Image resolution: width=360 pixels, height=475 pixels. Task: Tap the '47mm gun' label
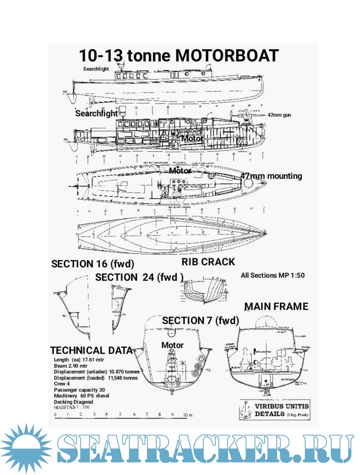[x=279, y=115]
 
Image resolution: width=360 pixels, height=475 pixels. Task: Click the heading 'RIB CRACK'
[x=208, y=262]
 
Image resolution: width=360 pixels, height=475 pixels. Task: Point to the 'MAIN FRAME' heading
[x=276, y=306]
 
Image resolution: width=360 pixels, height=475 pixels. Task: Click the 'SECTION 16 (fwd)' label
[x=93, y=264]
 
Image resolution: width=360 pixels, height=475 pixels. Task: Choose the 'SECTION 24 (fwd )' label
[x=139, y=277]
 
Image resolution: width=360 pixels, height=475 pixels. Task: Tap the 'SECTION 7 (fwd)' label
[x=201, y=321]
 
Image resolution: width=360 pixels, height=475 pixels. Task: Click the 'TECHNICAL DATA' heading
[x=92, y=350]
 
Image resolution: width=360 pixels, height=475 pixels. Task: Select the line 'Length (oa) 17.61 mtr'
[x=79, y=360]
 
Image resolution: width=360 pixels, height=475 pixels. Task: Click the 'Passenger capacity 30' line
[x=79, y=390]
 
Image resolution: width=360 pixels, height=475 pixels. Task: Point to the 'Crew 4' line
[x=62, y=384]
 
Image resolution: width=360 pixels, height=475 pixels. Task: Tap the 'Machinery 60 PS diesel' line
[x=81, y=396]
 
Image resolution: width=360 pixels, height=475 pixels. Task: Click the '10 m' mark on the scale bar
[x=187, y=415]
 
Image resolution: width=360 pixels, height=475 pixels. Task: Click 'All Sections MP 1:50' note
[x=273, y=275]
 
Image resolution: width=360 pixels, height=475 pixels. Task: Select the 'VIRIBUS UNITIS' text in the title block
[x=282, y=406]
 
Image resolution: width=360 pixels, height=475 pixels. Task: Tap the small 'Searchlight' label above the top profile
[x=96, y=69]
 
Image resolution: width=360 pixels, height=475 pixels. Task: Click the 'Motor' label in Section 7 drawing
[x=172, y=345]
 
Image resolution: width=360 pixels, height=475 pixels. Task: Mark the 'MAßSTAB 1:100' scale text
[x=72, y=407]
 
